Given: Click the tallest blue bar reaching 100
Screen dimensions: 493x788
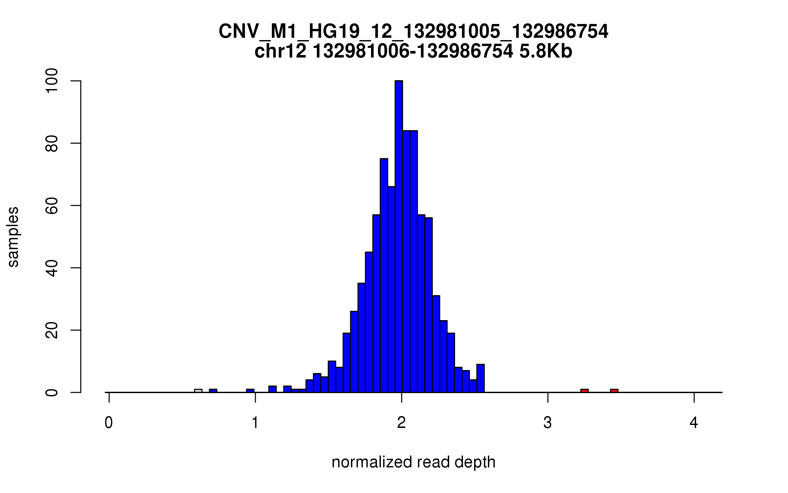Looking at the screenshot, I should click(x=399, y=237).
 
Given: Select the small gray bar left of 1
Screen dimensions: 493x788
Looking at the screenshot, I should click(x=198, y=391).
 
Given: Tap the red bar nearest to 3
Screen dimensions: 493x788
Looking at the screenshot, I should click(x=584, y=391).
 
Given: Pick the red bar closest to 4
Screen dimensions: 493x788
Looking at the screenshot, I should click(x=614, y=391).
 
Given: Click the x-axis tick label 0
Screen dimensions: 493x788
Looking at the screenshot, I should click(x=109, y=423).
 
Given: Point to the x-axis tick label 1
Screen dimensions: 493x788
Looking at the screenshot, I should click(x=255, y=423).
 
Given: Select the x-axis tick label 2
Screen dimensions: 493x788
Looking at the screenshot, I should click(x=401, y=423).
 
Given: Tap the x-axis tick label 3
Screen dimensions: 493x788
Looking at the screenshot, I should click(x=547, y=423).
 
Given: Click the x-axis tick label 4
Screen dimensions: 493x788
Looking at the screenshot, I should click(x=693, y=423).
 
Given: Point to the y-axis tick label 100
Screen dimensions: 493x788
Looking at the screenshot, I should click(x=52, y=81).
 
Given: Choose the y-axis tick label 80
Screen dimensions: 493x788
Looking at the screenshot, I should click(x=52, y=143).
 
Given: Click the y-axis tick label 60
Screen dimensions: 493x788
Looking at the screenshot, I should click(x=52, y=205).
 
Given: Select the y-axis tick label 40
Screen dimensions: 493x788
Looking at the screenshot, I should click(x=52, y=268).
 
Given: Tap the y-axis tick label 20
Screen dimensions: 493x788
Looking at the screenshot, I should click(x=52, y=330).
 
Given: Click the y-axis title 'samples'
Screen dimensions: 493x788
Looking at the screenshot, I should click(x=13, y=237).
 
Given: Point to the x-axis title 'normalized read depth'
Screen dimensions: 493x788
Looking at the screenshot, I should click(x=413, y=462).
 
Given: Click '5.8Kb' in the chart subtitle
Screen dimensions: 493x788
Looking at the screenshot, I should click(x=546, y=52).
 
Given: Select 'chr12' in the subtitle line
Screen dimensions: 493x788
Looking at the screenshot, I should click(x=280, y=52).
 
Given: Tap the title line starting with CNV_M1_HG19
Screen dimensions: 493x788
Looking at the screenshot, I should click(x=413, y=32).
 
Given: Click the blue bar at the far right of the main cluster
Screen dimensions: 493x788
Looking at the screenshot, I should click(x=480, y=379).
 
